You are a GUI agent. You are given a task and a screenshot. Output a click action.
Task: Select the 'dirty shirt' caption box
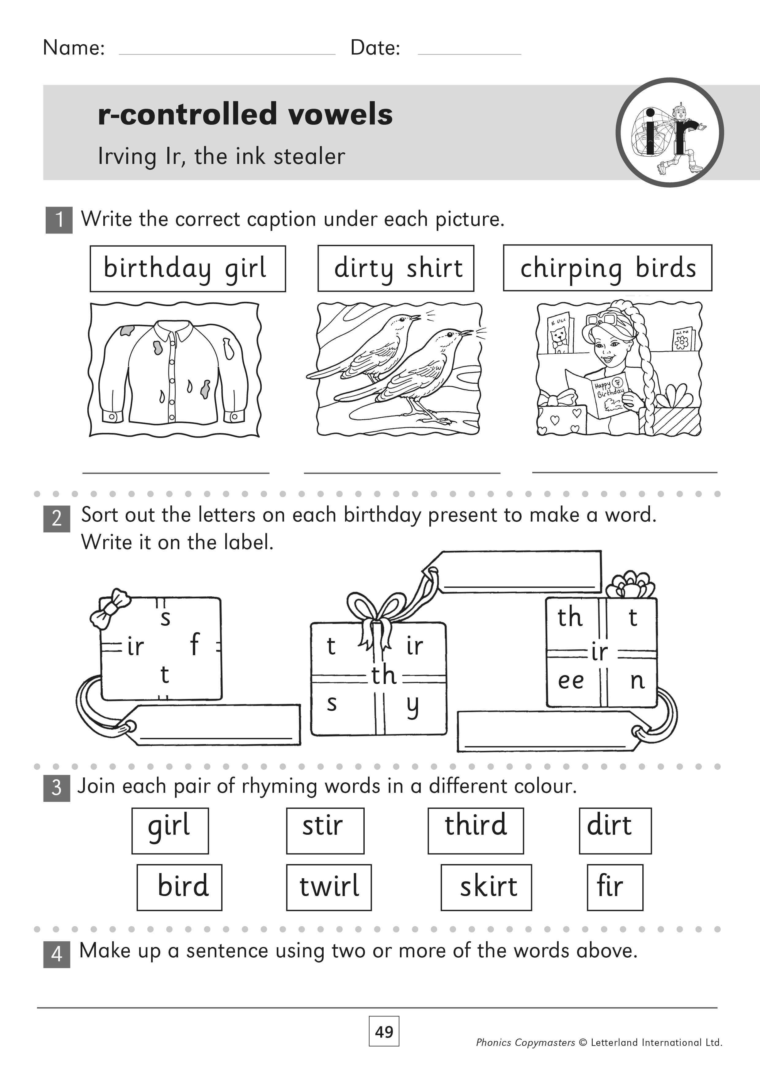tap(396, 268)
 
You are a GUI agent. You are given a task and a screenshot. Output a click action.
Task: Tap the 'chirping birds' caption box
tap(607, 268)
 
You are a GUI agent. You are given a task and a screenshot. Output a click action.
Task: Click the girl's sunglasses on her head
tap(601, 320)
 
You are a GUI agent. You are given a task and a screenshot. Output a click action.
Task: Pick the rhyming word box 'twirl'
tap(329, 887)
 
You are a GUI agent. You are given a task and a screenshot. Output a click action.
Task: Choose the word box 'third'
tap(475, 830)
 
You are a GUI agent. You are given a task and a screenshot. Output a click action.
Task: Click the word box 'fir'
tap(614, 887)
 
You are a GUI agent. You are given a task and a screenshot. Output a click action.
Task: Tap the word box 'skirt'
tap(486, 887)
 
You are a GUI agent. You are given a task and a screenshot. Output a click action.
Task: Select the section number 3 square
tap(57, 788)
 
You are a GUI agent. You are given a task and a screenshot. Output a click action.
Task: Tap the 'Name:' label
tap(74, 48)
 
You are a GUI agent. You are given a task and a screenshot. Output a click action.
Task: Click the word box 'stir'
tap(325, 830)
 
